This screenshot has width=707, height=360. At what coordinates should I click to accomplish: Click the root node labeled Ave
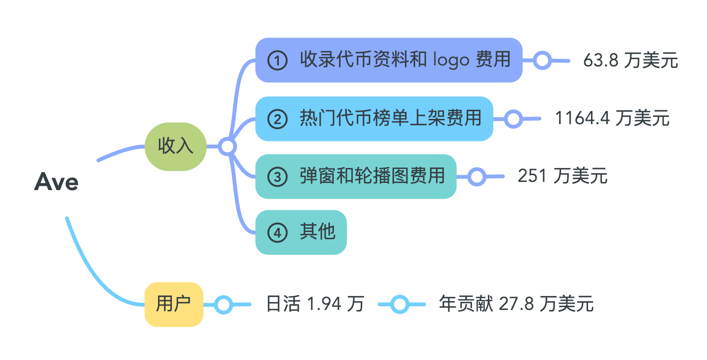click(56, 182)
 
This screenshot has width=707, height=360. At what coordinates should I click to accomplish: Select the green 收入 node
click(176, 146)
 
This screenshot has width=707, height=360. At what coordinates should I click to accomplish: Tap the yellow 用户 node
click(174, 304)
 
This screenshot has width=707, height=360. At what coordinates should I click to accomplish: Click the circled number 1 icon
click(277, 61)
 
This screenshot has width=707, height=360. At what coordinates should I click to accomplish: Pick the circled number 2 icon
click(277, 119)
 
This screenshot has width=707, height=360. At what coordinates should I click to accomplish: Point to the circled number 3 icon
click(277, 177)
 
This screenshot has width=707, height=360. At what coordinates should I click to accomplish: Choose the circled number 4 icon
click(277, 233)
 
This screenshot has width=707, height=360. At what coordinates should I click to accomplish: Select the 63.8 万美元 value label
click(630, 61)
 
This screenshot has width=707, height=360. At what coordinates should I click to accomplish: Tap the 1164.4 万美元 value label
click(612, 118)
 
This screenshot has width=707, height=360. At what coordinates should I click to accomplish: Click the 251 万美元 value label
click(563, 176)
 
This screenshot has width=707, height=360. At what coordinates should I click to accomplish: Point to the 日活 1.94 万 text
click(315, 304)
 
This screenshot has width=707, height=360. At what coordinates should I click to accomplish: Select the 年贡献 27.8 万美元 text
click(516, 304)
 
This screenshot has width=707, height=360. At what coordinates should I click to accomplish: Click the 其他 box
click(301, 232)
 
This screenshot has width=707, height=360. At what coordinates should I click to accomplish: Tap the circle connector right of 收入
click(227, 146)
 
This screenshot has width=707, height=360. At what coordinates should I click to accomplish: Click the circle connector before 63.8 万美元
click(543, 61)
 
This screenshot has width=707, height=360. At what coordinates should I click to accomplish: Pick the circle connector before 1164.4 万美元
click(513, 118)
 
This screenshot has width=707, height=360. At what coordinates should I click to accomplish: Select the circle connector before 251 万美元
click(476, 176)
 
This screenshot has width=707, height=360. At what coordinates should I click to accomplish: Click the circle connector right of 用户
click(223, 304)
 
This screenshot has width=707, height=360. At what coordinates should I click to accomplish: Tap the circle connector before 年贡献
click(400, 304)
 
